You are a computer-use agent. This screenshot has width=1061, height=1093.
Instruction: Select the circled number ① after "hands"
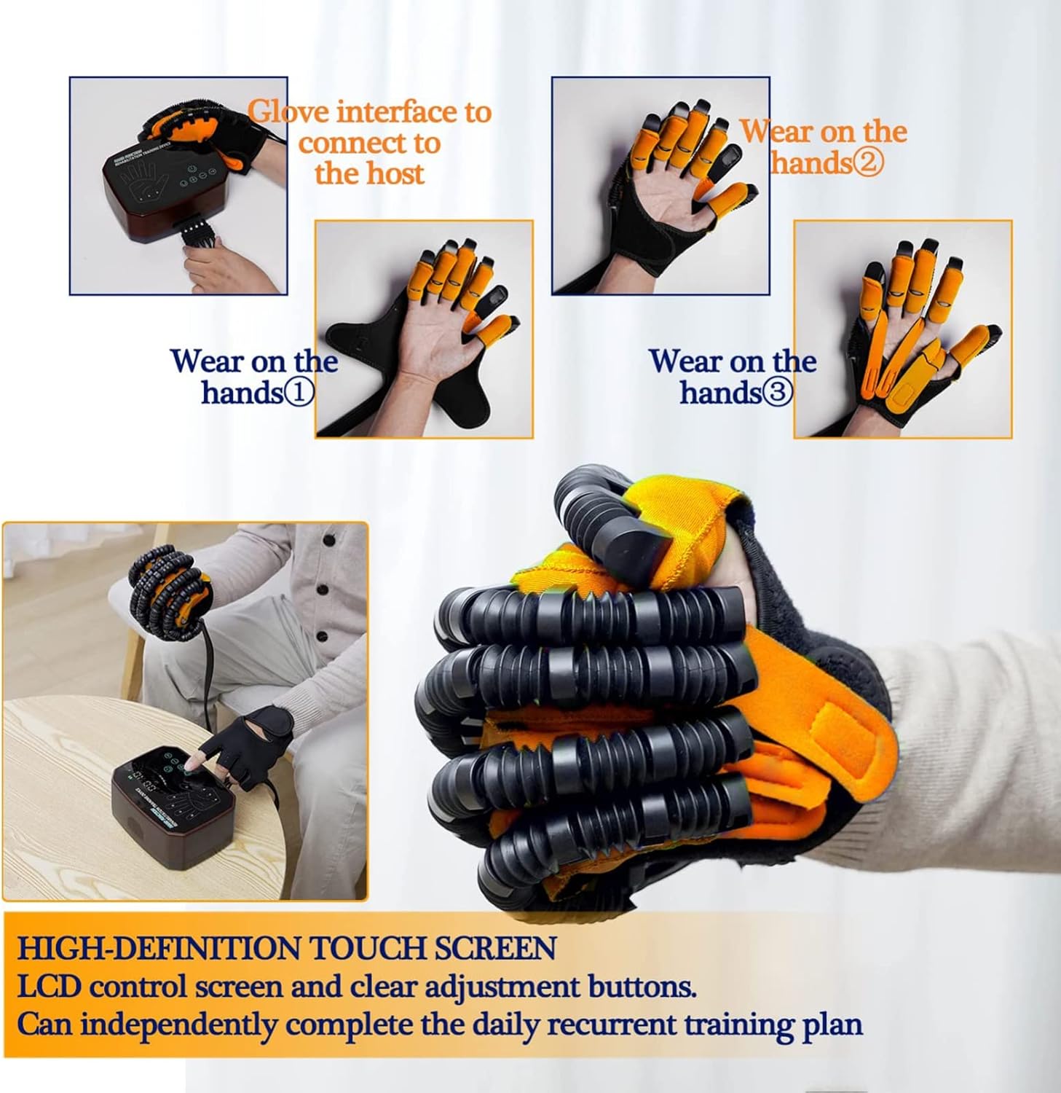[x=299, y=393]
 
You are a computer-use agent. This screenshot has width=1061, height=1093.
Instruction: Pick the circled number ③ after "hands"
[x=777, y=393]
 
